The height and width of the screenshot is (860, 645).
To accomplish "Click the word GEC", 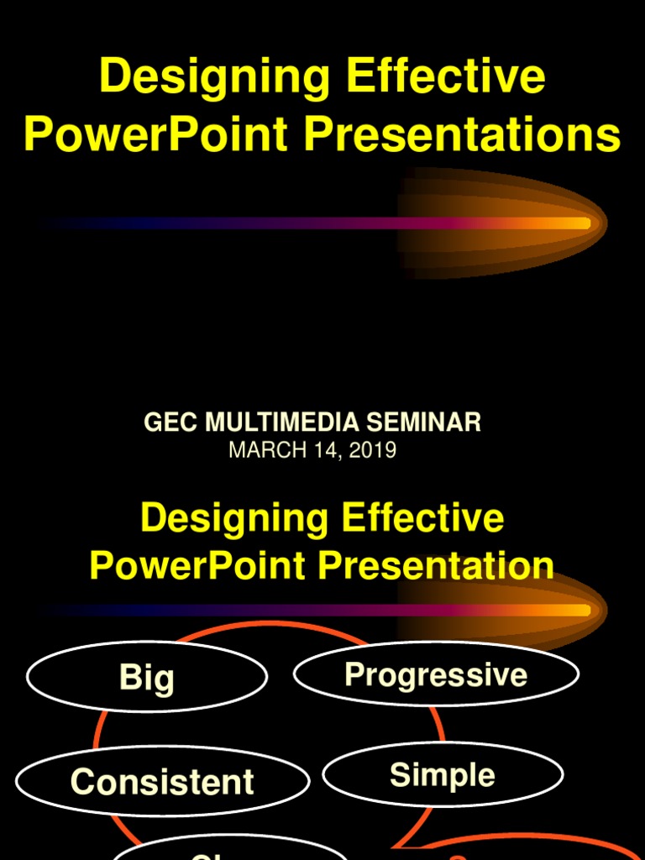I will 170,422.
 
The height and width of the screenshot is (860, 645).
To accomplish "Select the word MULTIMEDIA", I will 291,422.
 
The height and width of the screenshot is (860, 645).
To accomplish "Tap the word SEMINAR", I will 432,422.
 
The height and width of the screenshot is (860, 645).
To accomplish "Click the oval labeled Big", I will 147,677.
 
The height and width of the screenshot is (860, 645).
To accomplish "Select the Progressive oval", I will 436,674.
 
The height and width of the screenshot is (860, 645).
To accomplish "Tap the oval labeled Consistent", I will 162,782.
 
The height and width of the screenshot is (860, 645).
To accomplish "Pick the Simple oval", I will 443,774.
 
